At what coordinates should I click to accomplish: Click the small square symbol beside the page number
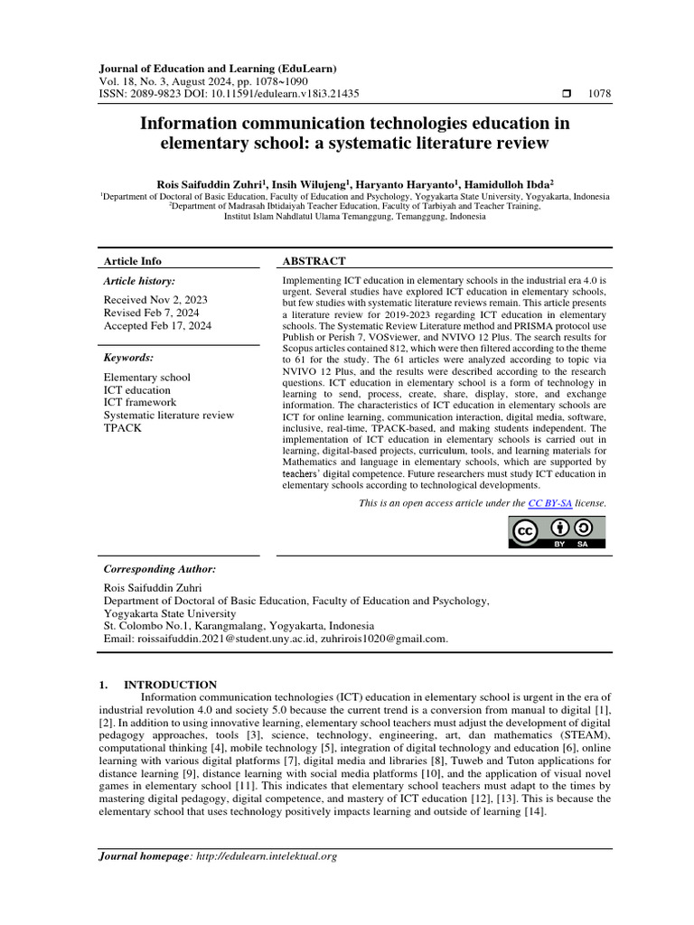(x=567, y=93)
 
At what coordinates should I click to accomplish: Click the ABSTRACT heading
(x=314, y=261)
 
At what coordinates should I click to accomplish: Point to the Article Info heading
(x=133, y=261)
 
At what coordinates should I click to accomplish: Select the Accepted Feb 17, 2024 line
(x=157, y=326)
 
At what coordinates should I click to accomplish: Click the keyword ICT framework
(x=140, y=402)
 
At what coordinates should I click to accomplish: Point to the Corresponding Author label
(x=160, y=570)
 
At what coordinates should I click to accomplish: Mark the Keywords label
(x=128, y=358)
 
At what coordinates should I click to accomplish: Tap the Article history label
(x=140, y=282)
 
